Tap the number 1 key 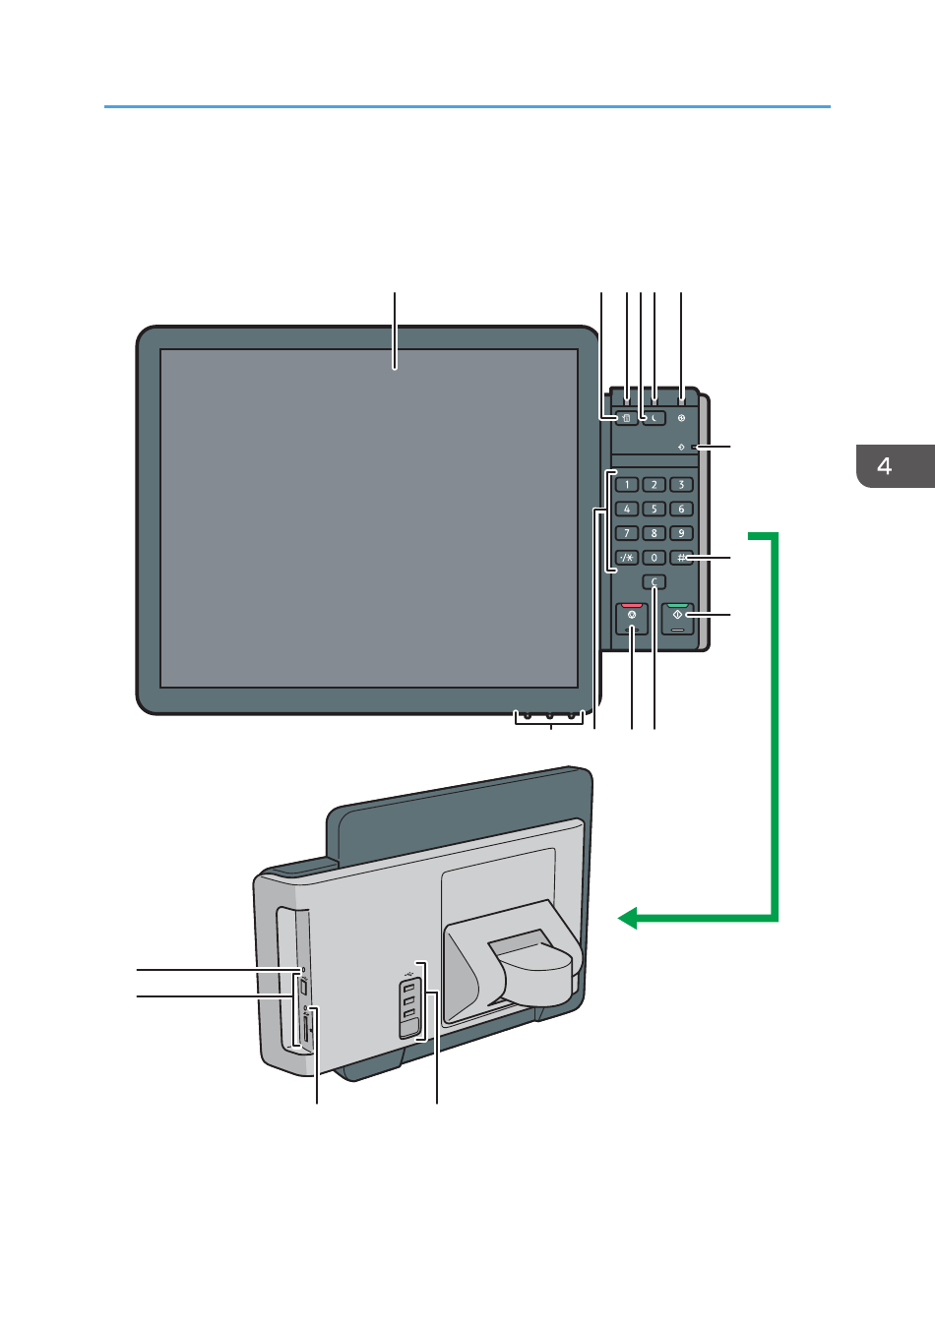coord(626,484)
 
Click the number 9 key coord(681,533)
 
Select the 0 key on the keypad coord(654,558)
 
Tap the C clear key coord(654,582)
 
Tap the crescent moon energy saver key coord(654,418)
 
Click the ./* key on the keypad coord(626,558)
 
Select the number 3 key coord(681,484)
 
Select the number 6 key coord(681,509)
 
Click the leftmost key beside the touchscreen coord(626,418)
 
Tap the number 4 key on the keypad coord(626,509)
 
